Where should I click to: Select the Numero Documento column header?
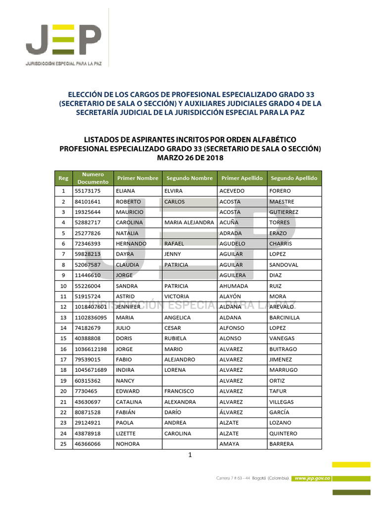(x=93, y=178)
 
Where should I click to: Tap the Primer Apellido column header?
(x=241, y=178)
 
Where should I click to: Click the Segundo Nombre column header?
(x=189, y=178)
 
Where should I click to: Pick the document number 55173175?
(x=88, y=191)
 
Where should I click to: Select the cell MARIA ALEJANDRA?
(x=189, y=223)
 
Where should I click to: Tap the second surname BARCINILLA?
(x=285, y=318)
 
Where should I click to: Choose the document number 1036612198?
(x=91, y=350)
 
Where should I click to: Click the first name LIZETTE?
(x=126, y=434)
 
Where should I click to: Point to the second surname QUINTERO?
(x=284, y=434)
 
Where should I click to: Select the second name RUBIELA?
(x=175, y=339)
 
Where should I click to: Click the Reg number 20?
(x=63, y=392)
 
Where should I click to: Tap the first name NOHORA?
(x=128, y=444)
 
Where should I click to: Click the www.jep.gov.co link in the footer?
(x=312, y=478)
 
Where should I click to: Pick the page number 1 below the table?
(x=190, y=456)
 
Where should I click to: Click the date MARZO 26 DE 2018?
(x=190, y=158)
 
